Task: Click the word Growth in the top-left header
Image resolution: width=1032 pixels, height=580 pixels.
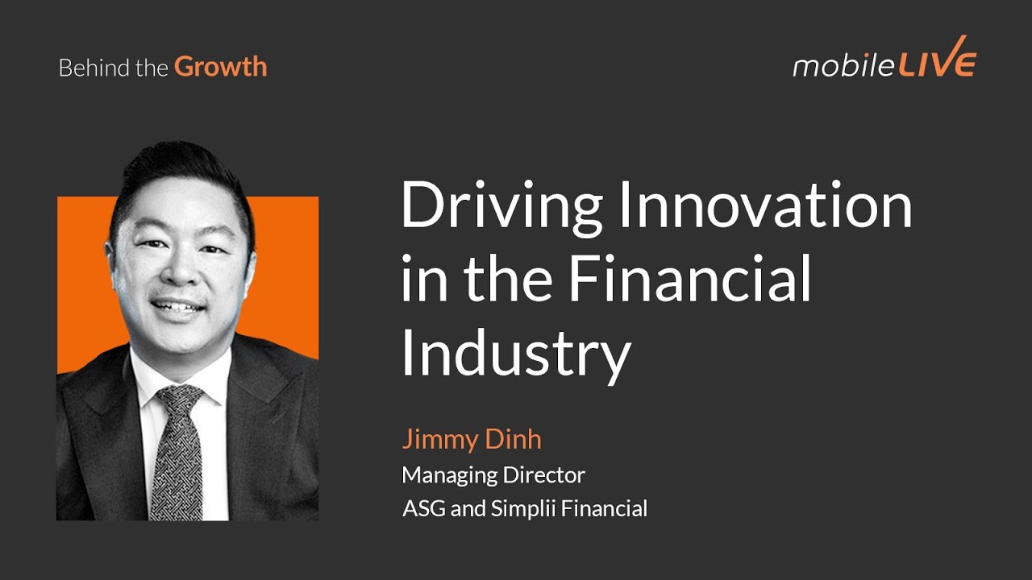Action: click(x=220, y=67)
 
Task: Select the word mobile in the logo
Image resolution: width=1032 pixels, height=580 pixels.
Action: click(x=842, y=65)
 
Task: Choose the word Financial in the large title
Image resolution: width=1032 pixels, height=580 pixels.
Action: click(x=689, y=278)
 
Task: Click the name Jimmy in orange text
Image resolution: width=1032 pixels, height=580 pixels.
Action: click(x=439, y=440)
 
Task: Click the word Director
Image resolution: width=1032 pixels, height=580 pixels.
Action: click(x=544, y=474)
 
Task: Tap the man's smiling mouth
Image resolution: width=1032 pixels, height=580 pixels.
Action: click(x=177, y=307)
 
